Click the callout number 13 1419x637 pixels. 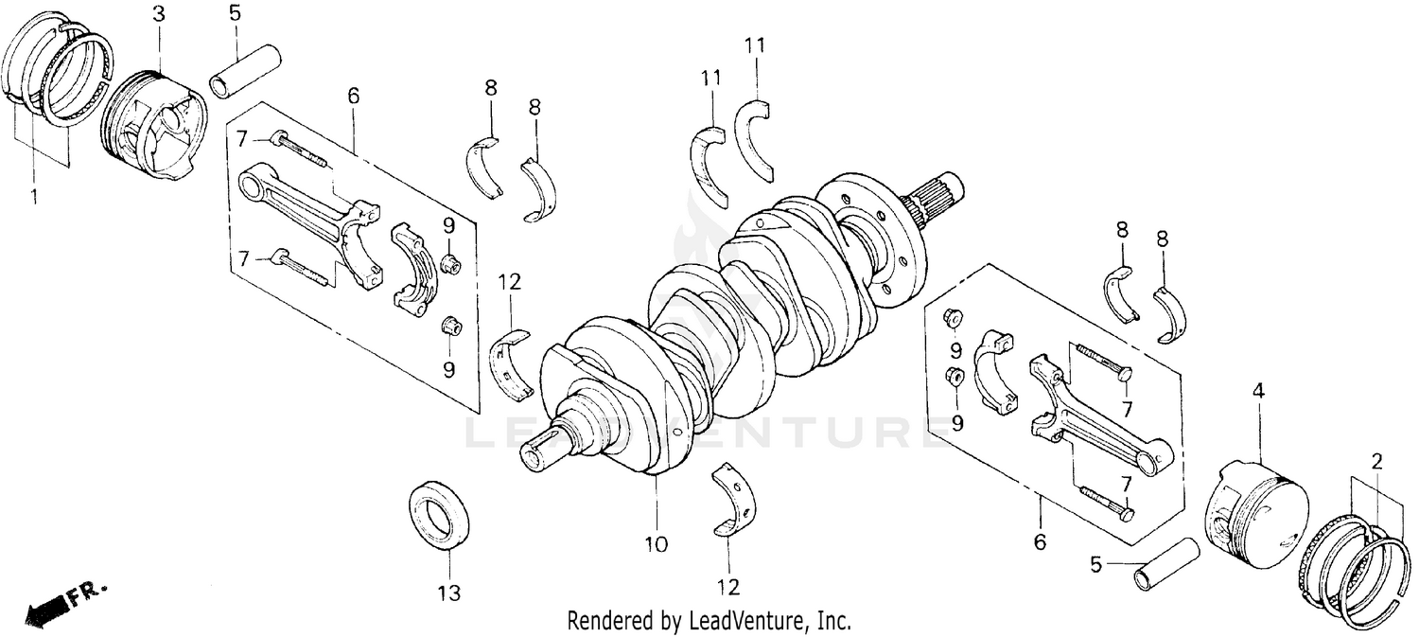pos(449,593)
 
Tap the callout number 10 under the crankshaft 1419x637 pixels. pos(656,544)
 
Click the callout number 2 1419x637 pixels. pos(1376,462)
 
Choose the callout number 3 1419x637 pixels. pos(158,13)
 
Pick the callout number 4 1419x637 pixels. pos(1258,390)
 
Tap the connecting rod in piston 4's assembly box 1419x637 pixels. pos(1097,417)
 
